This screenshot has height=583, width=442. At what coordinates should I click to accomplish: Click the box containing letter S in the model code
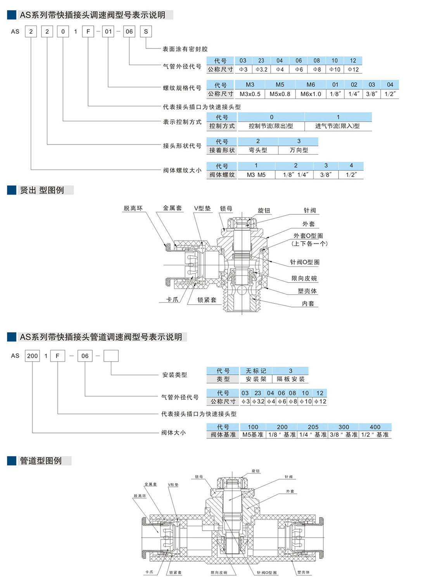pyautogui.click(x=146, y=31)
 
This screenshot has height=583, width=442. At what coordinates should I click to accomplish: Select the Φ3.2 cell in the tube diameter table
pyautogui.click(x=262, y=69)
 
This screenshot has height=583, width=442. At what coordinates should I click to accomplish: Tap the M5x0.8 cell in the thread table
pyautogui.click(x=280, y=94)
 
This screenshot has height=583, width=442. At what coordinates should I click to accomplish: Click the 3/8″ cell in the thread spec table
pyautogui.click(x=371, y=94)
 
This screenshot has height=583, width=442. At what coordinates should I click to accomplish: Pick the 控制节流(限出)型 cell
pyautogui.click(x=271, y=126)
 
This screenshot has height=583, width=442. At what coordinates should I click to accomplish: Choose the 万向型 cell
pyautogui.click(x=299, y=150)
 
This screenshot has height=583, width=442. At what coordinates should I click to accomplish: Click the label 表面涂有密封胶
pyautogui.click(x=185, y=49)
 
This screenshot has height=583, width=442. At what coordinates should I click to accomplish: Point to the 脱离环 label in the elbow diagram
pyautogui.click(x=133, y=208)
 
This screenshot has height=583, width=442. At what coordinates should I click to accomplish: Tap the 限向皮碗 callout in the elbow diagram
pyautogui.click(x=304, y=278)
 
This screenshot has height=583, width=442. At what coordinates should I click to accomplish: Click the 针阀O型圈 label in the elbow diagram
pyautogui.click(x=305, y=262)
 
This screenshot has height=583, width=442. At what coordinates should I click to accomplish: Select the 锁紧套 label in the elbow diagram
pyautogui.click(x=207, y=300)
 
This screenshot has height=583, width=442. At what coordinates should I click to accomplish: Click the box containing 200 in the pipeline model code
pyautogui.click(x=33, y=356)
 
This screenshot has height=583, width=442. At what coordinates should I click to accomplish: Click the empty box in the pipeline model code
pyautogui.click(x=111, y=356)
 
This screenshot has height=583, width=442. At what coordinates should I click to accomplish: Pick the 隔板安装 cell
pyautogui.click(x=290, y=379)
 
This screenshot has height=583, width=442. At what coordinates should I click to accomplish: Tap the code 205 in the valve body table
pyautogui.click(x=313, y=427)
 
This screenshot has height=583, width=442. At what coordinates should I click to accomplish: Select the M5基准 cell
pyautogui.click(x=253, y=435)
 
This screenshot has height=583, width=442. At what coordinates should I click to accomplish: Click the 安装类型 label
pyautogui.click(x=174, y=375)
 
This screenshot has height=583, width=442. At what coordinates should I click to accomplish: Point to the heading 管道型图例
pyautogui.click(x=41, y=461)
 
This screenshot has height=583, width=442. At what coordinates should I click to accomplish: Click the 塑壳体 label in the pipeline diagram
pyautogui.click(x=303, y=572)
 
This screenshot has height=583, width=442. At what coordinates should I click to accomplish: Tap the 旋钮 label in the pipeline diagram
pyautogui.click(x=256, y=471)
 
